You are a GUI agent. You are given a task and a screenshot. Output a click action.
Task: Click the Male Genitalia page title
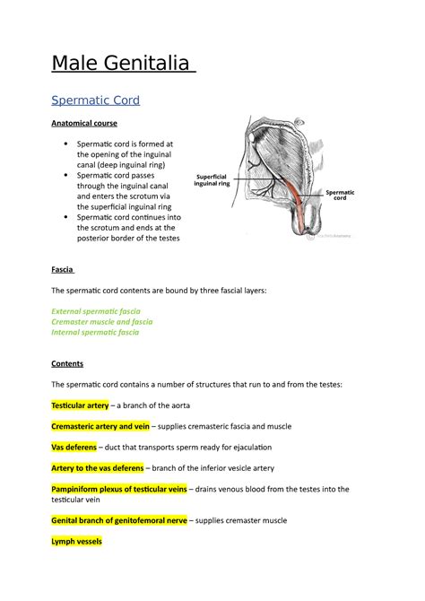click(121, 65)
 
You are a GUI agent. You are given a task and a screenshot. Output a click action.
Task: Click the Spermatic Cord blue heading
click(96, 100)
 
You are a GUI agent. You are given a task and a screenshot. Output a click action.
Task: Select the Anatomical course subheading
click(84, 123)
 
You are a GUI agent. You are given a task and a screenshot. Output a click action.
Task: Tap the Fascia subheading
click(63, 270)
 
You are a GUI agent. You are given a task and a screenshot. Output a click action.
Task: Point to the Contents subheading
click(67, 364)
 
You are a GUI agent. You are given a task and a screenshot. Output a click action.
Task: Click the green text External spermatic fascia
click(102, 310)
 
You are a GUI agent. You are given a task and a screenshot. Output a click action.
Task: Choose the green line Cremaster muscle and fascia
click(102, 321)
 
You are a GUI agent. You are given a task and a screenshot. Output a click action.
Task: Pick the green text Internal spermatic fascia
click(96, 332)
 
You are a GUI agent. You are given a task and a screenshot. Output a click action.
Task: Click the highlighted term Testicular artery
click(81, 405)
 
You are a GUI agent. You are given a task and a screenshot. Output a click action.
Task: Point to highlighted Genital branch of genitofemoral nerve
click(119, 521)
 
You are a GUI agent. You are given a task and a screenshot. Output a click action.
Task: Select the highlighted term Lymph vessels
click(77, 542)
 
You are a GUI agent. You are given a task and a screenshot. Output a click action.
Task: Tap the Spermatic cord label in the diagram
click(341, 195)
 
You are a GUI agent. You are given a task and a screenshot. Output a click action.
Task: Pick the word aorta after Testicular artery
click(177, 405)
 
